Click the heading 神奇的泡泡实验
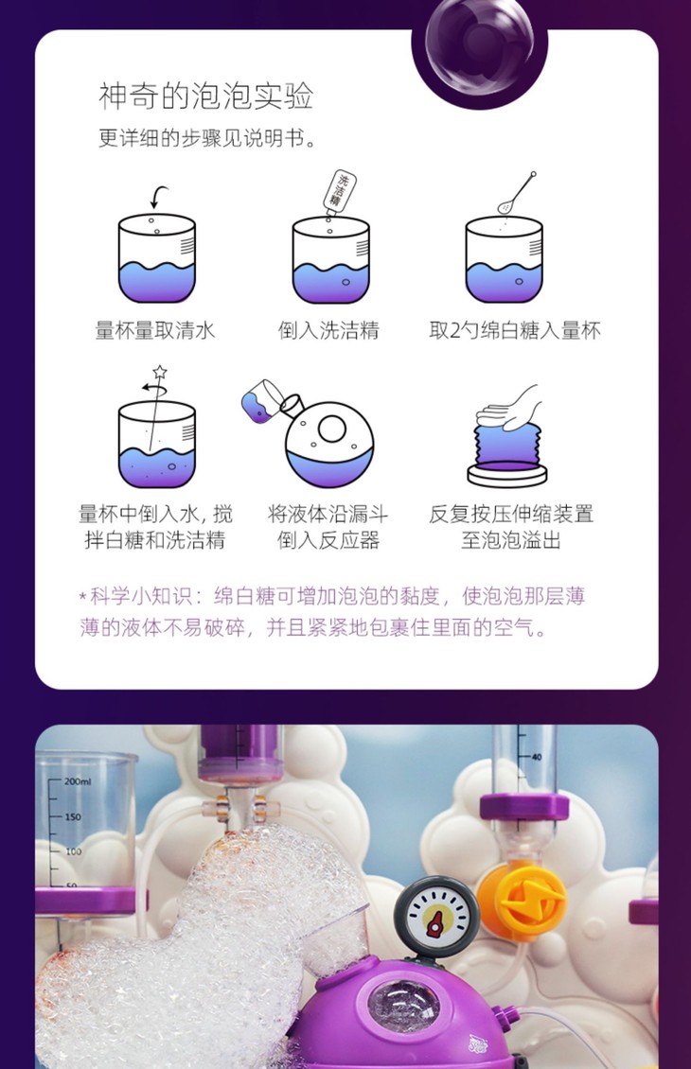206,96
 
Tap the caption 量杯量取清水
155,331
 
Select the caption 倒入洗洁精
328,331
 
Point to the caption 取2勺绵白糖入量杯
515,331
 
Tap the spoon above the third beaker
517,193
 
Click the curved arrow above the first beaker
159,197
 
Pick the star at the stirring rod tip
160,372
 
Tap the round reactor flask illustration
330,442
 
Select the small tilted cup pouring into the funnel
260,401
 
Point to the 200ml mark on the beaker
77,781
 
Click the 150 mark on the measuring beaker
73,816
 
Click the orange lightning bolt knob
522,900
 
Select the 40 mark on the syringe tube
537,757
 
